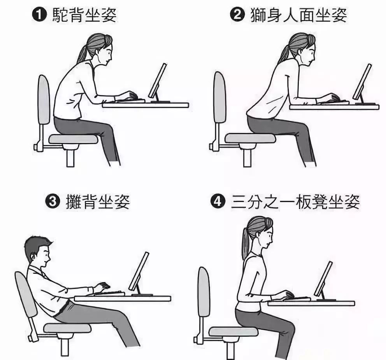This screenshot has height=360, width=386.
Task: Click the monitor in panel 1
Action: point(158,81)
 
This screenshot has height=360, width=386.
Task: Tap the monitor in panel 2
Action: point(362,82)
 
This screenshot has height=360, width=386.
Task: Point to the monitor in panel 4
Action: point(323,279)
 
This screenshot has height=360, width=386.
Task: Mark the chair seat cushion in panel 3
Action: point(67,327)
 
